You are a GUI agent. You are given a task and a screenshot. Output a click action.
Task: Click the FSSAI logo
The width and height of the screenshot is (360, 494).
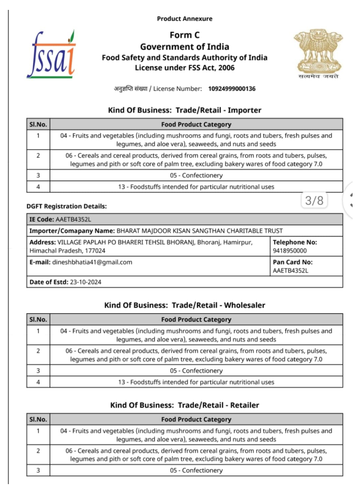(52, 55)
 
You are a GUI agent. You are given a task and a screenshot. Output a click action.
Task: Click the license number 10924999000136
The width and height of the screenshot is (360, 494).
(231, 89)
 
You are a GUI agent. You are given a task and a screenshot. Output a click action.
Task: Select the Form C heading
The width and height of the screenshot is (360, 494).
(184, 35)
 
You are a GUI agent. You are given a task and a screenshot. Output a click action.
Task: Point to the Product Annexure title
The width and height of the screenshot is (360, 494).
(184, 19)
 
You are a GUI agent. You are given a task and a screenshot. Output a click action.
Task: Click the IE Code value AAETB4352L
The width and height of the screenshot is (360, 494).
(73, 219)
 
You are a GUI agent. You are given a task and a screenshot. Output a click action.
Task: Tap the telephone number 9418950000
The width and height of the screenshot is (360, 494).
(290, 251)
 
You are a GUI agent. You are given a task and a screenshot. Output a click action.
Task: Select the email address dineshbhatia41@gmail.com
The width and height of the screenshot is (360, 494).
(92, 262)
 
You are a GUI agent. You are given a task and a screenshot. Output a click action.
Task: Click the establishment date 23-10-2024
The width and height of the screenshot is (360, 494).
(85, 282)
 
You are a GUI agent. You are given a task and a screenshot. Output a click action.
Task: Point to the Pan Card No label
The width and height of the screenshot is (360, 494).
(293, 262)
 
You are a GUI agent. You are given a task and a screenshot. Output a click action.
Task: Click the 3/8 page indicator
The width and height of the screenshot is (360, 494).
(314, 200)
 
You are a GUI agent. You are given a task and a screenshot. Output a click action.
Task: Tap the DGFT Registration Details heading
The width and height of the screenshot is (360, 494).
(66, 206)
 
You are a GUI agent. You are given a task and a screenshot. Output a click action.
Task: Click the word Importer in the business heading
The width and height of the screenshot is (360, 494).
(244, 110)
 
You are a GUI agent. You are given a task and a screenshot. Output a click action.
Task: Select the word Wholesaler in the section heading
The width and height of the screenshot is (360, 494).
(244, 305)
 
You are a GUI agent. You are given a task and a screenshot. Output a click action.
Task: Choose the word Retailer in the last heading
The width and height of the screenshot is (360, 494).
(244, 405)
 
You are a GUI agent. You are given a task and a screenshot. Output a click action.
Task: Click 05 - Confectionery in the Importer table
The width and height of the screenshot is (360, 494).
(196, 176)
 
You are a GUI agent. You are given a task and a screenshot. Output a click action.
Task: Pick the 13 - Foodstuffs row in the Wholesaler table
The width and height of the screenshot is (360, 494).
(196, 382)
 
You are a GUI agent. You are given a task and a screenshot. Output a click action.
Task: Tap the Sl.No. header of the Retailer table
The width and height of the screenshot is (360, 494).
(38, 419)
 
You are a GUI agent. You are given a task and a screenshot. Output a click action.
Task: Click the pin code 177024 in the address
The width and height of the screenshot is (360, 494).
(95, 251)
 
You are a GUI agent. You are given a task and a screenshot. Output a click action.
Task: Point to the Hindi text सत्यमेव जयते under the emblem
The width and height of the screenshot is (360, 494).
(318, 76)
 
